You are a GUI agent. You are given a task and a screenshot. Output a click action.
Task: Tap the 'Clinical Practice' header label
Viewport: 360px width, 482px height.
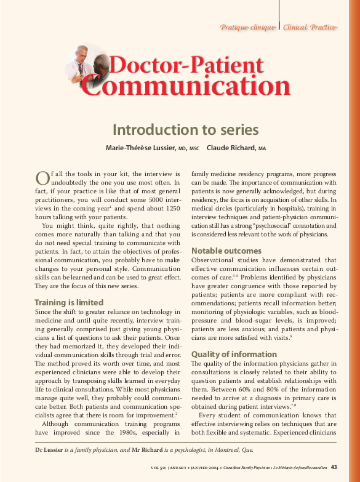click(x=310, y=28)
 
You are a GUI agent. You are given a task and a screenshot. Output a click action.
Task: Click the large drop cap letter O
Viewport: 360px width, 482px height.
click(x=42, y=178)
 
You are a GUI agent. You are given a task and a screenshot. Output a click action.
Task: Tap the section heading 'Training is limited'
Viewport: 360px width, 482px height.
click(x=69, y=303)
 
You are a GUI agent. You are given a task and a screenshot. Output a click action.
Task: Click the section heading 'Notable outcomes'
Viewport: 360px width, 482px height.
click(x=226, y=251)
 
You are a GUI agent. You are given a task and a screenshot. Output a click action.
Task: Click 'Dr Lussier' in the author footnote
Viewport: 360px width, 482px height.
click(x=50, y=452)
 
